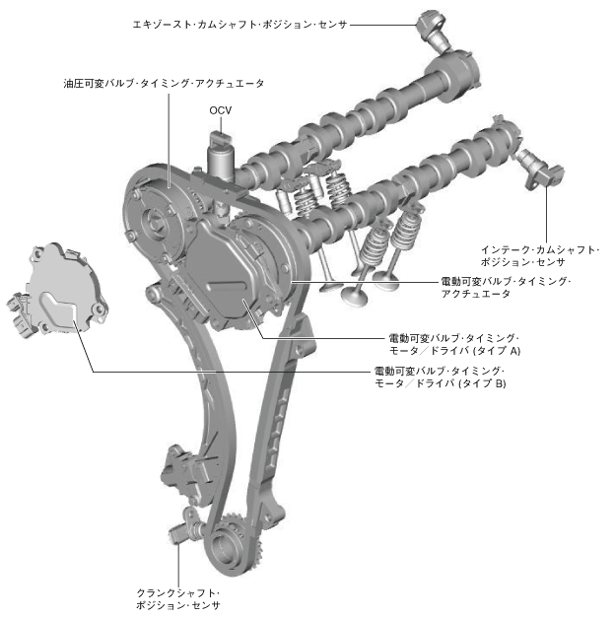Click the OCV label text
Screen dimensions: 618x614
220,110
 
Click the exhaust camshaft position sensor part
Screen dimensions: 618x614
432,27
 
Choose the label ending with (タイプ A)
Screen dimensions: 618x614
454,344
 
